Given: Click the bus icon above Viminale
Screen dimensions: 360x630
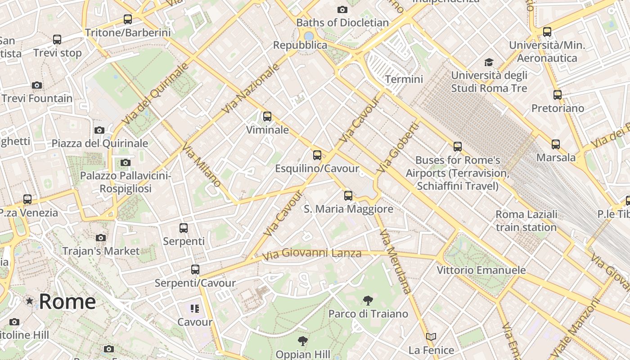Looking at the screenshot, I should (x=267, y=117).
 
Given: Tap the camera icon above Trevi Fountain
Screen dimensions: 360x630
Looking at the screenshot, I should (x=37, y=85).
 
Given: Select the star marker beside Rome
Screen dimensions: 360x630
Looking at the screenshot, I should (x=30, y=301).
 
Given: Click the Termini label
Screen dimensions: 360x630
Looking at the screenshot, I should (x=404, y=79).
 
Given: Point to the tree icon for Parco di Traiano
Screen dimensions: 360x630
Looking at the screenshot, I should (x=368, y=300).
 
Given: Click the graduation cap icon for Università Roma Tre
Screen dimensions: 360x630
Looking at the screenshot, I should (x=489, y=62).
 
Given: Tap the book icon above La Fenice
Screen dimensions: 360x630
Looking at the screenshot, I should (x=431, y=337).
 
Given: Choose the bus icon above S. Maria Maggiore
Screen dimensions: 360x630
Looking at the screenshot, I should (x=348, y=195).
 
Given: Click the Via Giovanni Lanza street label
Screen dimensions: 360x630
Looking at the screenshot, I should (x=311, y=254).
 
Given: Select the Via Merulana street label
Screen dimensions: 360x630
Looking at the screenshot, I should (x=395, y=261).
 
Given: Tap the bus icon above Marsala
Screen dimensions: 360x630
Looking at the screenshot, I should (x=556, y=144).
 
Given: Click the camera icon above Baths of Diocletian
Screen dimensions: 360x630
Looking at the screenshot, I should (x=342, y=9).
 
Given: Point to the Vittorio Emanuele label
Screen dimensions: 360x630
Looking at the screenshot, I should (x=481, y=270).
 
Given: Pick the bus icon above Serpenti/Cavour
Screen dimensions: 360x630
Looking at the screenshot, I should (x=195, y=270).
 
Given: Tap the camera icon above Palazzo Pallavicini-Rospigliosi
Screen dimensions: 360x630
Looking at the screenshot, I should (x=126, y=162).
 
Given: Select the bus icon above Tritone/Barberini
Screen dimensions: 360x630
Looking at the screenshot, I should (x=128, y=19).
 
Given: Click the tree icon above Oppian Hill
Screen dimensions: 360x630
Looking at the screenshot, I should (x=303, y=341).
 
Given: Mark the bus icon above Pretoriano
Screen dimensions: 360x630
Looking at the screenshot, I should (x=558, y=94).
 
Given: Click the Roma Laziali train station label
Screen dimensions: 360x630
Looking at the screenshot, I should (x=526, y=220).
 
